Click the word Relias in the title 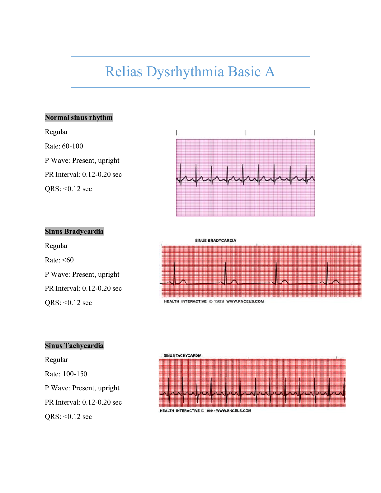coord(124,72)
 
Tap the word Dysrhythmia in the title coord(185,72)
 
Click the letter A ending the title coord(270,72)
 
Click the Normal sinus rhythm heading coord(79,117)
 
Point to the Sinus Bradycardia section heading coord(74,231)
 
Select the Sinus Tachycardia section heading coord(74,345)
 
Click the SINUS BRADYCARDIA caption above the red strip coord(215,241)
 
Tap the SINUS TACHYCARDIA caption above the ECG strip coord(182,355)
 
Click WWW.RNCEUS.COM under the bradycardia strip coord(245,301)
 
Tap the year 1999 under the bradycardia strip coord(219,301)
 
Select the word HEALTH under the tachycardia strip coord(167,411)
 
